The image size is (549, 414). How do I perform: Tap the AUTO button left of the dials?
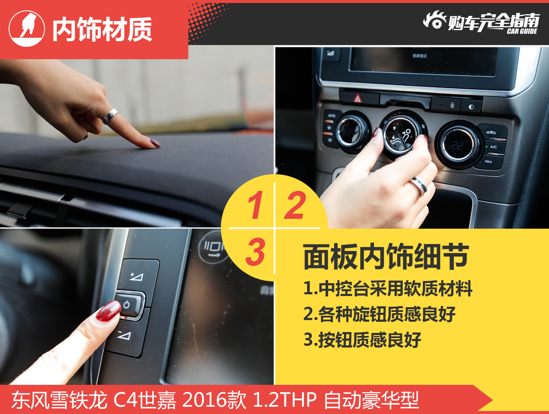click(x=332, y=115)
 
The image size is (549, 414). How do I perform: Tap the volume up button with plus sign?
click(x=138, y=276)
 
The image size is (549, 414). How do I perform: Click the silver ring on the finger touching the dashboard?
click(x=110, y=116)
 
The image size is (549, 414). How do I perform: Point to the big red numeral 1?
click(x=255, y=205)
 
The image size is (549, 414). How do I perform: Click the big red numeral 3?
click(x=255, y=252)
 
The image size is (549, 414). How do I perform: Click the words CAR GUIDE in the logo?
click(x=522, y=31)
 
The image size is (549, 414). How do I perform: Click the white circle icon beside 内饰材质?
click(x=27, y=29)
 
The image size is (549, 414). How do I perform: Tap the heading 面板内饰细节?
click(x=386, y=257)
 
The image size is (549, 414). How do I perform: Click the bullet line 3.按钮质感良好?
click(x=362, y=340)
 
